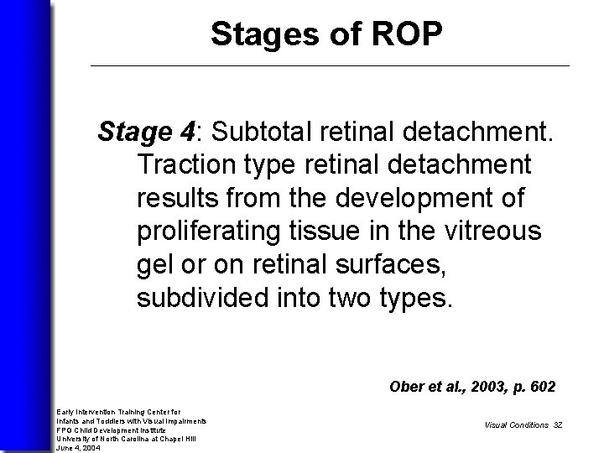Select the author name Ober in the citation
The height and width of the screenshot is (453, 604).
[407, 388]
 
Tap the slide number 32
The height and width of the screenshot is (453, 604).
[557, 425]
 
